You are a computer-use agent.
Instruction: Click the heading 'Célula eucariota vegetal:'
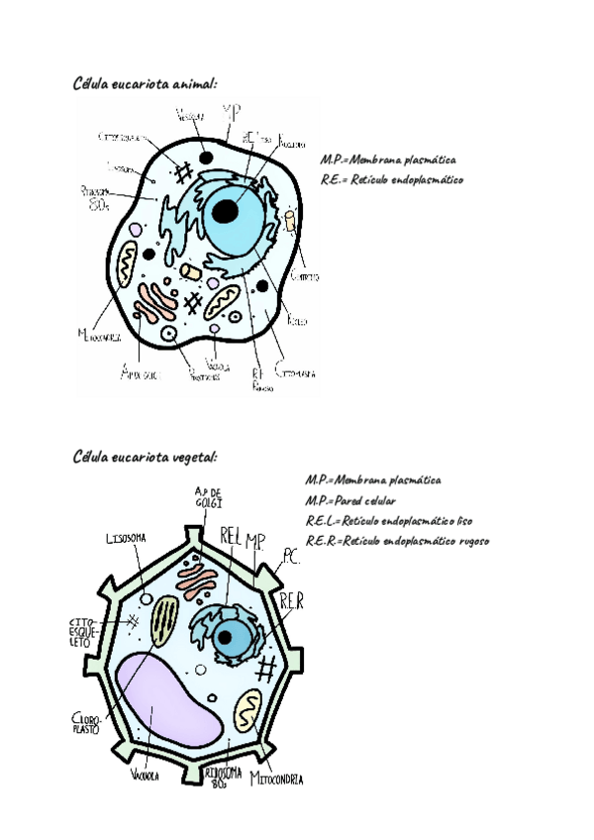click(x=145, y=457)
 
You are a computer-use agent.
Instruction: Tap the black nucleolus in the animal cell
click(x=227, y=210)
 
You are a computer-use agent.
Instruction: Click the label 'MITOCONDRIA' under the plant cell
click(x=276, y=779)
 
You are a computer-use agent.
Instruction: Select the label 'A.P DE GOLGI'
click(x=209, y=497)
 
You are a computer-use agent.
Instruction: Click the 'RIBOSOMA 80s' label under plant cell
click(x=220, y=776)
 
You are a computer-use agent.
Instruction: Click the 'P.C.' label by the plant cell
click(x=289, y=558)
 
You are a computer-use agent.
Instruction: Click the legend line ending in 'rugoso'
click(x=398, y=541)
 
